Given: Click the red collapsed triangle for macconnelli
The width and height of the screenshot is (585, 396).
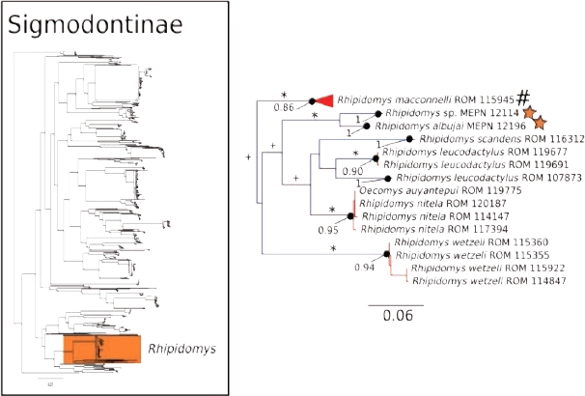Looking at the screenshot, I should coord(322,99).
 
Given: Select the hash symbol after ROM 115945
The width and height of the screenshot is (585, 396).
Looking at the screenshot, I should coord(524,97).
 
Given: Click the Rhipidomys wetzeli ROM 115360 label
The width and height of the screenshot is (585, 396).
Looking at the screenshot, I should coord(458,241).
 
